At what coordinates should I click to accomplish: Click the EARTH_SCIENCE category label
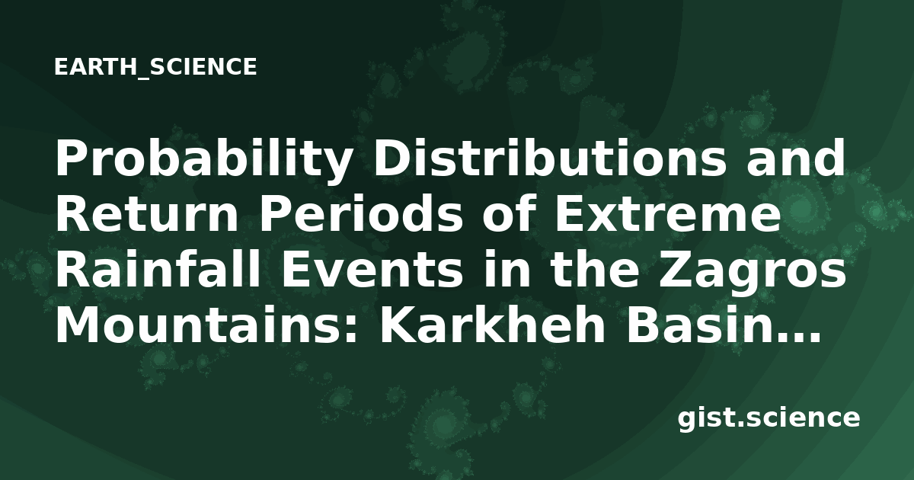pos(155,67)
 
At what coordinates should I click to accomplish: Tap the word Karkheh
pos(493,325)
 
